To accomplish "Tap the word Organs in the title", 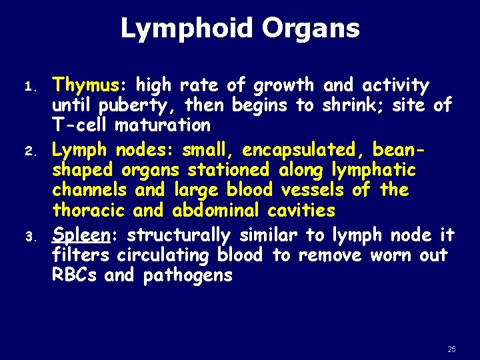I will tap(311, 29).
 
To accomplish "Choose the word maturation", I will tap(163, 125).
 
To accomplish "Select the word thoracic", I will tap(89, 210).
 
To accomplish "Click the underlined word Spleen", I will tap(80, 235).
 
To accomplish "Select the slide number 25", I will tap(451, 349).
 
